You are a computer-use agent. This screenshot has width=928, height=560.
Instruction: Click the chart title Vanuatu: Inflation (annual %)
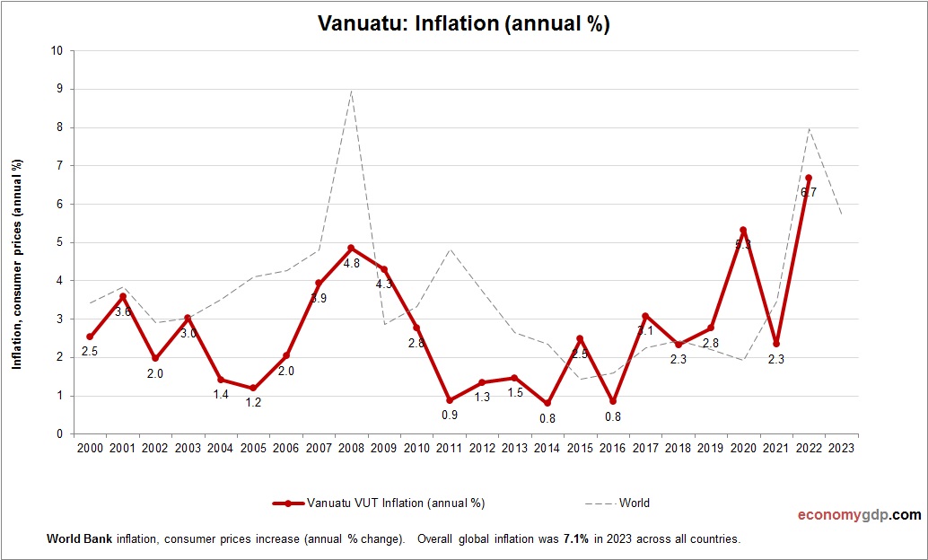click(464, 24)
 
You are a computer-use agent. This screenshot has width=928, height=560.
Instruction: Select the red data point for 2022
click(809, 178)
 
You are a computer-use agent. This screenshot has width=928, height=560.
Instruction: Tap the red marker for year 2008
click(351, 248)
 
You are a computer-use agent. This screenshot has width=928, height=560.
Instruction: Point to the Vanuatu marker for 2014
click(547, 403)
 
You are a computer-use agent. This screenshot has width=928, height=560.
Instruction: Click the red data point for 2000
click(90, 337)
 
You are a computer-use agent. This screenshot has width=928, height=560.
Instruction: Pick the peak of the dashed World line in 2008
click(351, 91)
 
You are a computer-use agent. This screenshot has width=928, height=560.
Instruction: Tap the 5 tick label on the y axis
click(58, 242)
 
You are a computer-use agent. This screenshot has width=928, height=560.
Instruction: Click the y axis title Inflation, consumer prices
click(16, 264)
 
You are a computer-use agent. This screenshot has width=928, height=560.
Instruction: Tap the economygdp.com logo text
click(859, 515)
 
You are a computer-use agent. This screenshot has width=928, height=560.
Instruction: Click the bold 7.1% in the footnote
click(575, 539)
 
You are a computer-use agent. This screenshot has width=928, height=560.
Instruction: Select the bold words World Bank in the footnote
click(74, 539)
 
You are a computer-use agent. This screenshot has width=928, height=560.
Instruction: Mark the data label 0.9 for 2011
click(450, 415)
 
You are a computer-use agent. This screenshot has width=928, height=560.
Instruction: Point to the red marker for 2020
click(743, 231)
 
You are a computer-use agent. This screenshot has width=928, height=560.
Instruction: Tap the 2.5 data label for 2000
click(90, 352)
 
